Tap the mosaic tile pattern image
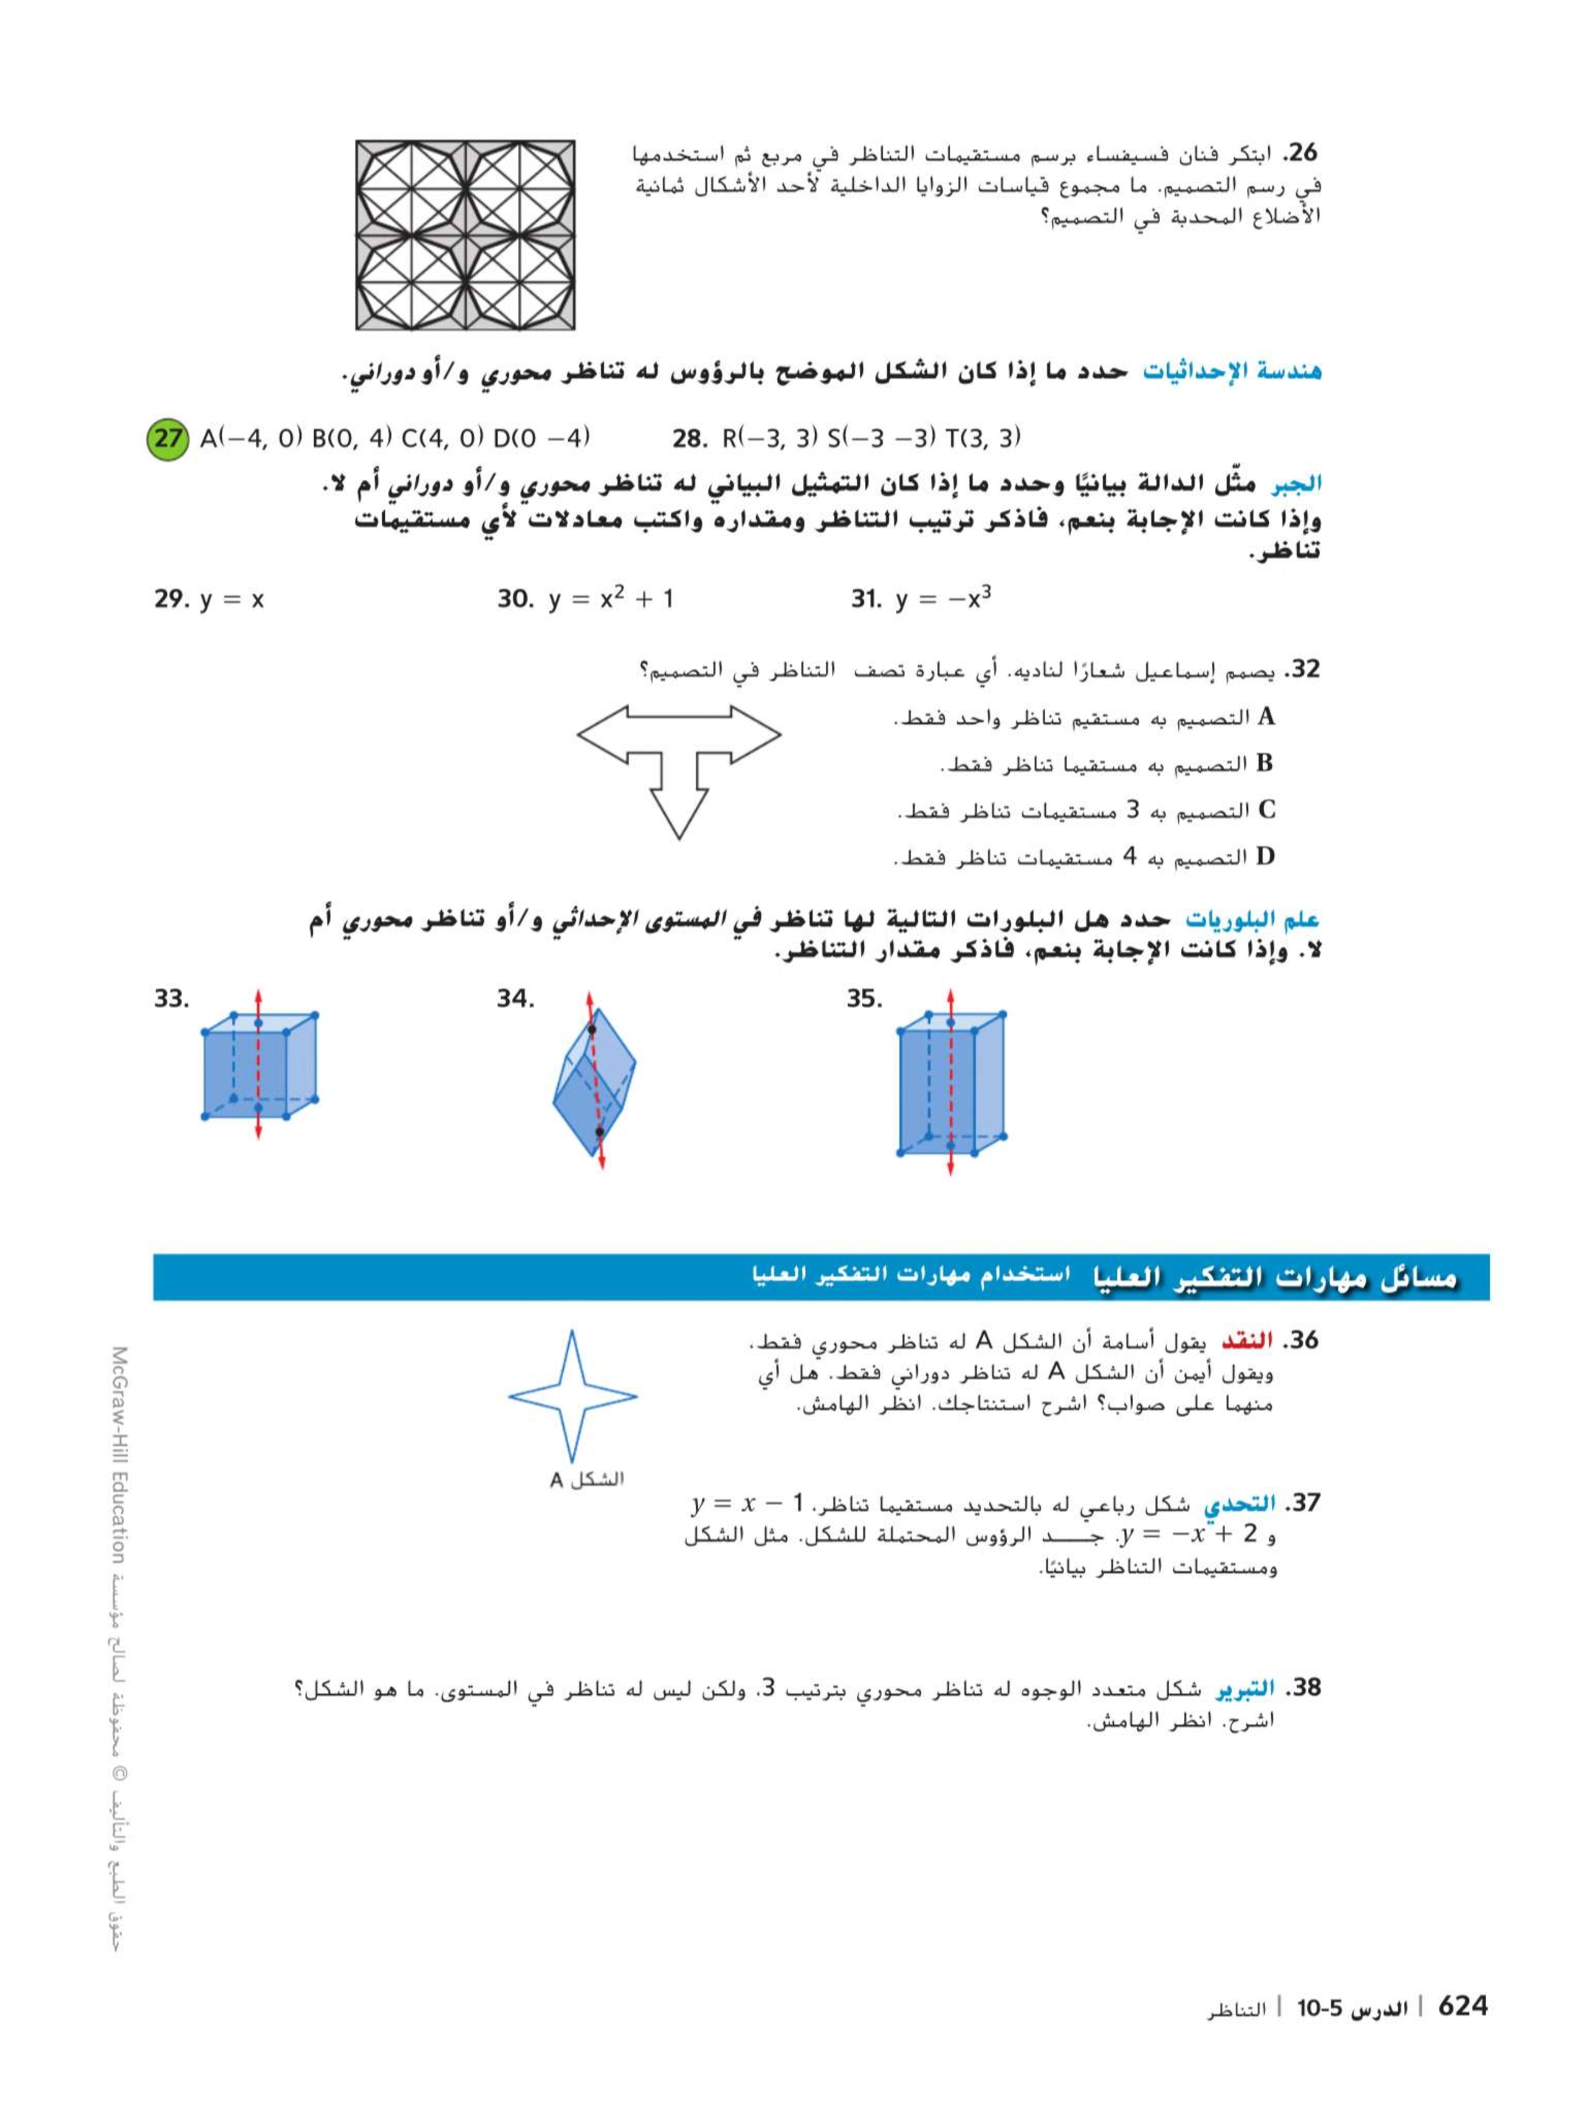(465, 235)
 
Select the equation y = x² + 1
(610, 599)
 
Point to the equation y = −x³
(942, 599)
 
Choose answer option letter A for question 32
(1267, 716)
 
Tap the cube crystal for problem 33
(259, 1064)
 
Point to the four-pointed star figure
(572, 1397)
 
